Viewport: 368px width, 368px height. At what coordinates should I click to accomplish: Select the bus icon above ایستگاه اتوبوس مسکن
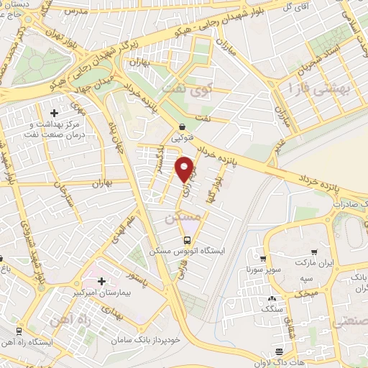pyautogui.click(x=187, y=240)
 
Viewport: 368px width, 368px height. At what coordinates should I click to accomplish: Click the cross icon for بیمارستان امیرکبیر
pyautogui.click(x=101, y=280)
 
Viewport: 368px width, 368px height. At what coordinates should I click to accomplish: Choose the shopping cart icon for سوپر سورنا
pyautogui.click(x=263, y=259)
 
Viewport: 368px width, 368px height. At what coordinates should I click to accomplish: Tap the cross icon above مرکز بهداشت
pyautogui.click(x=55, y=114)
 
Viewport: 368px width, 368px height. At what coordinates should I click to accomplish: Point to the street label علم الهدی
pyautogui.click(x=121, y=219)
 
